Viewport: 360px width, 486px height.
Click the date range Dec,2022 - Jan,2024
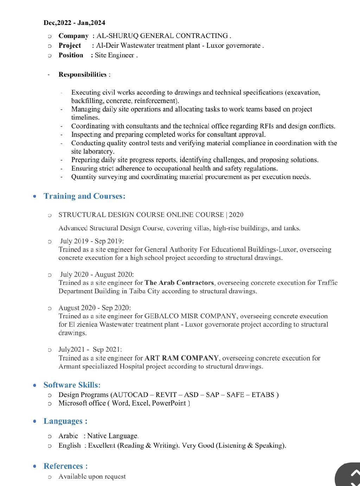(74, 23)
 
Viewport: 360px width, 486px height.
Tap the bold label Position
(71, 55)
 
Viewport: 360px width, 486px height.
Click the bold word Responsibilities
(82, 75)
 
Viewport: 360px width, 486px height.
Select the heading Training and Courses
(84, 196)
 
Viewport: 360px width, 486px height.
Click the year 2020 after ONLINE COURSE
(236, 215)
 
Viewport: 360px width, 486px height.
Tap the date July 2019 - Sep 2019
(92, 241)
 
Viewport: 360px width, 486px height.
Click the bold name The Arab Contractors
(179, 283)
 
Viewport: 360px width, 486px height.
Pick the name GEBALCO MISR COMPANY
(190, 316)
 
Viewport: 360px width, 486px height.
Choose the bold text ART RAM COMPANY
(181, 358)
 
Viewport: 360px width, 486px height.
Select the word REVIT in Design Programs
(166, 395)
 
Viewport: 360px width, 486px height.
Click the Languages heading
(65, 421)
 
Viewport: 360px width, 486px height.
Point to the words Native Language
(112, 436)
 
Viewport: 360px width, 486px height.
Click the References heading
(65, 466)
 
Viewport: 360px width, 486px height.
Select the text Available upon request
(92, 477)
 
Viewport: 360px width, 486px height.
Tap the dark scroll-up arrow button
(350, 475)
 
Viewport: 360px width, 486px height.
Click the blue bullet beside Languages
(34, 421)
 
